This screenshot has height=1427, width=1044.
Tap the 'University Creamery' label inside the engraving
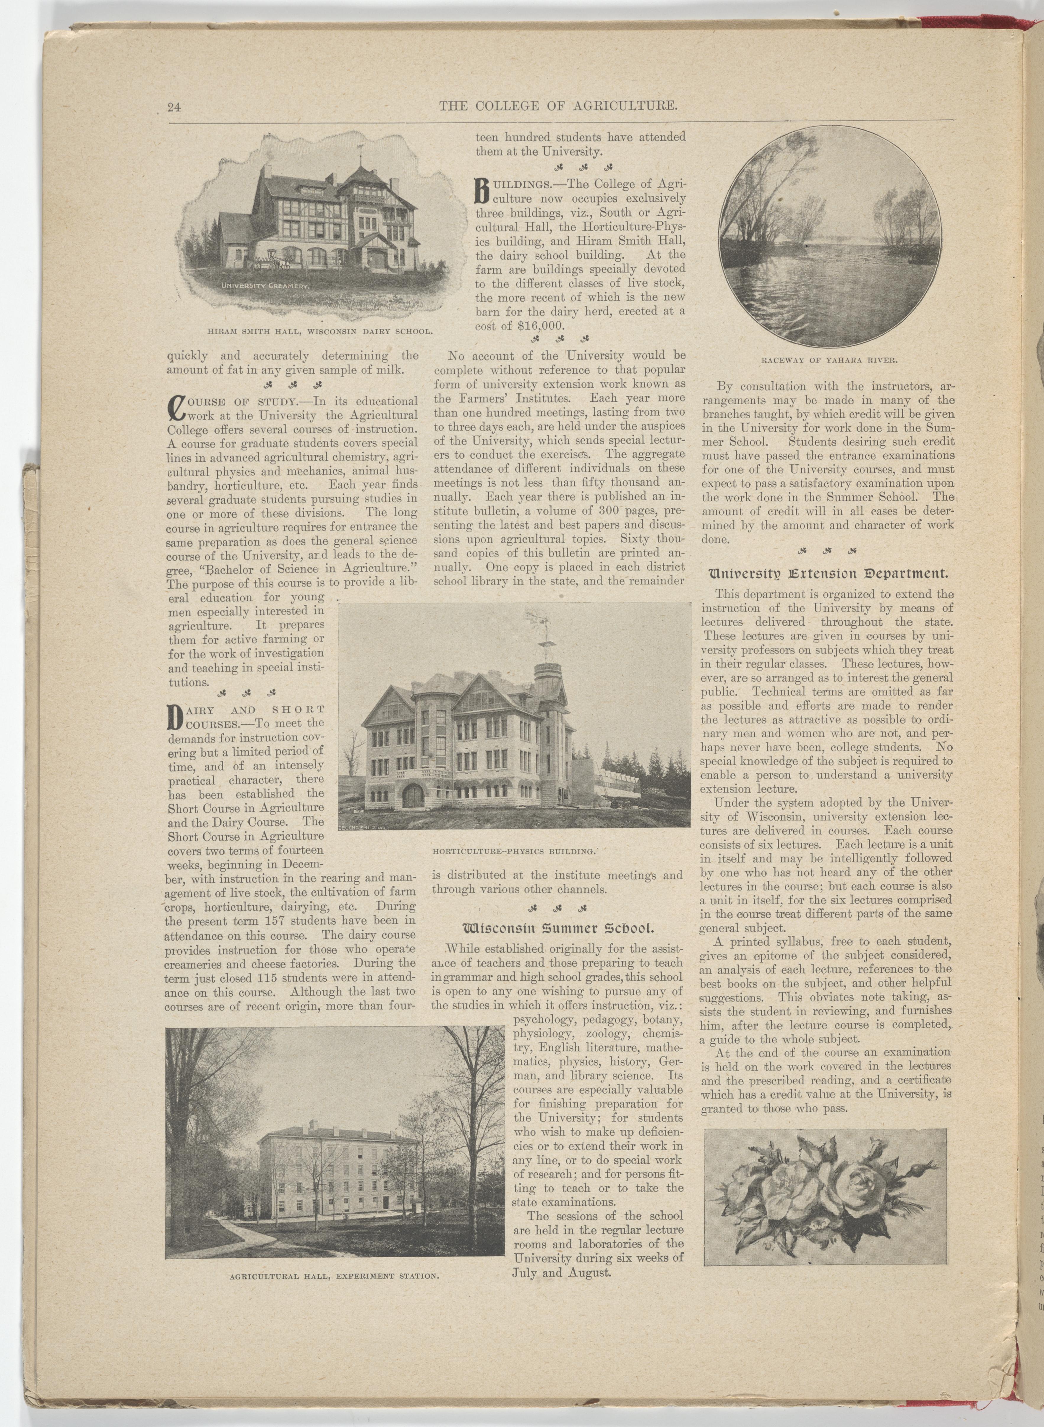(264, 286)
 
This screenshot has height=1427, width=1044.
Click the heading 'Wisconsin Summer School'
(557, 929)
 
